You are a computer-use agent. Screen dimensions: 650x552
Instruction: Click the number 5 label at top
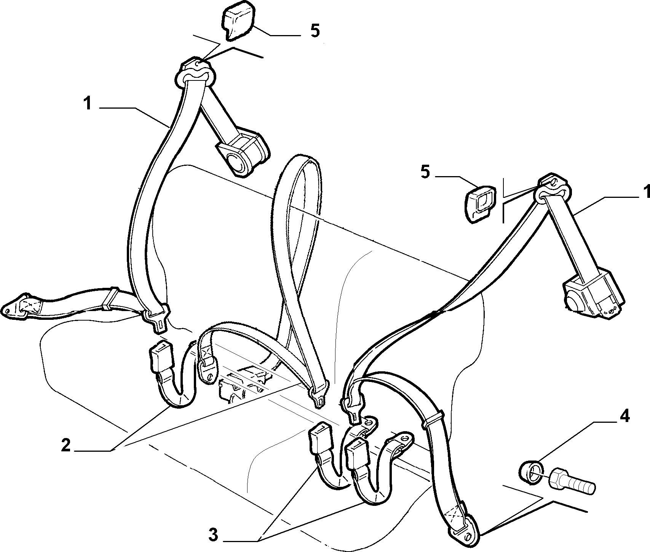[x=315, y=31]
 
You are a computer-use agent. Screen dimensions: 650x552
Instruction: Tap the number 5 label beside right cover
[x=425, y=172]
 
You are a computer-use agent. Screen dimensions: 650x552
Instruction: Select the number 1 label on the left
[x=88, y=103]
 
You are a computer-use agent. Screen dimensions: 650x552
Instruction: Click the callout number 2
[x=66, y=446]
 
